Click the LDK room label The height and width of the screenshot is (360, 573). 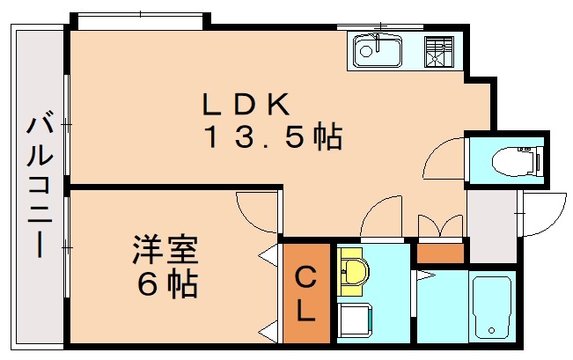coord(246,105)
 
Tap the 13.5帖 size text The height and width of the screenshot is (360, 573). coord(274,138)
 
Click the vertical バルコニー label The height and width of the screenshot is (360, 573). coord(39,184)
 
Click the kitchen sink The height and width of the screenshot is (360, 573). coord(378,52)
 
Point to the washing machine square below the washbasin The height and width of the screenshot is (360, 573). coord(356,318)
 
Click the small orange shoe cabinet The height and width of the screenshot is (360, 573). coord(439,253)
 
